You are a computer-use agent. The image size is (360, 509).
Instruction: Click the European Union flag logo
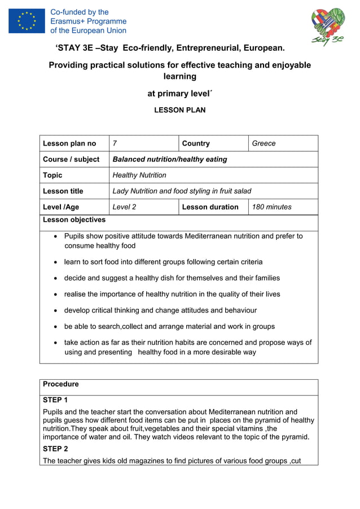[x=27, y=21]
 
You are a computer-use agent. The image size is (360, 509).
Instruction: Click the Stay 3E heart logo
[x=328, y=26]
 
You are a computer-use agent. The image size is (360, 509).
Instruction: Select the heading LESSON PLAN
[x=180, y=110]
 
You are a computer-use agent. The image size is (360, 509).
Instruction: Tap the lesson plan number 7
[x=115, y=143]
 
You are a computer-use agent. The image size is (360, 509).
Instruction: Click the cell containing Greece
[x=264, y=143]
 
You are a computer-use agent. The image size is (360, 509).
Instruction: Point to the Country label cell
[x=196, y=143]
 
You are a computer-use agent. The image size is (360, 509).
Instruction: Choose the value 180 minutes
[x=272, y=207]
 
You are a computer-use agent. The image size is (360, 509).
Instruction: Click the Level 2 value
[x=124, y=207]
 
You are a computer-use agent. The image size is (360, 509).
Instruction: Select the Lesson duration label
[x=210, y=207]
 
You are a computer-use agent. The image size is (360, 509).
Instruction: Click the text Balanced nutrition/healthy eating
[x=170, y=159]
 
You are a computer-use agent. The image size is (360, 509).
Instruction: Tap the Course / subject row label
[x=71, y=159]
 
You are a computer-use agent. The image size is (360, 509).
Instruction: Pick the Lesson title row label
[x=63, y=191]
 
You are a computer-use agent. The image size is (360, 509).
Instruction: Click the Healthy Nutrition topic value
[x=139, y=175]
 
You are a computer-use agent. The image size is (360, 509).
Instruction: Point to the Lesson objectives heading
[x=74, y=220]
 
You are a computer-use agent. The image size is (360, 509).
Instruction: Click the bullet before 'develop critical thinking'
[x=55, y=310]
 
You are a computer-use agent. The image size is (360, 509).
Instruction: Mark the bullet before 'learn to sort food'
[x=55, y=262]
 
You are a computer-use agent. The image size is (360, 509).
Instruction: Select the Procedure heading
[x=61, y=384]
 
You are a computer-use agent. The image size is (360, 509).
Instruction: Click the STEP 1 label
[x=55, y=400]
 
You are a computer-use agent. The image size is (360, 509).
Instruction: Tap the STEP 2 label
[x=55, y=449]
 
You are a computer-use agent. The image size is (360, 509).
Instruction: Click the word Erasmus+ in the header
[x=68, y=21]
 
